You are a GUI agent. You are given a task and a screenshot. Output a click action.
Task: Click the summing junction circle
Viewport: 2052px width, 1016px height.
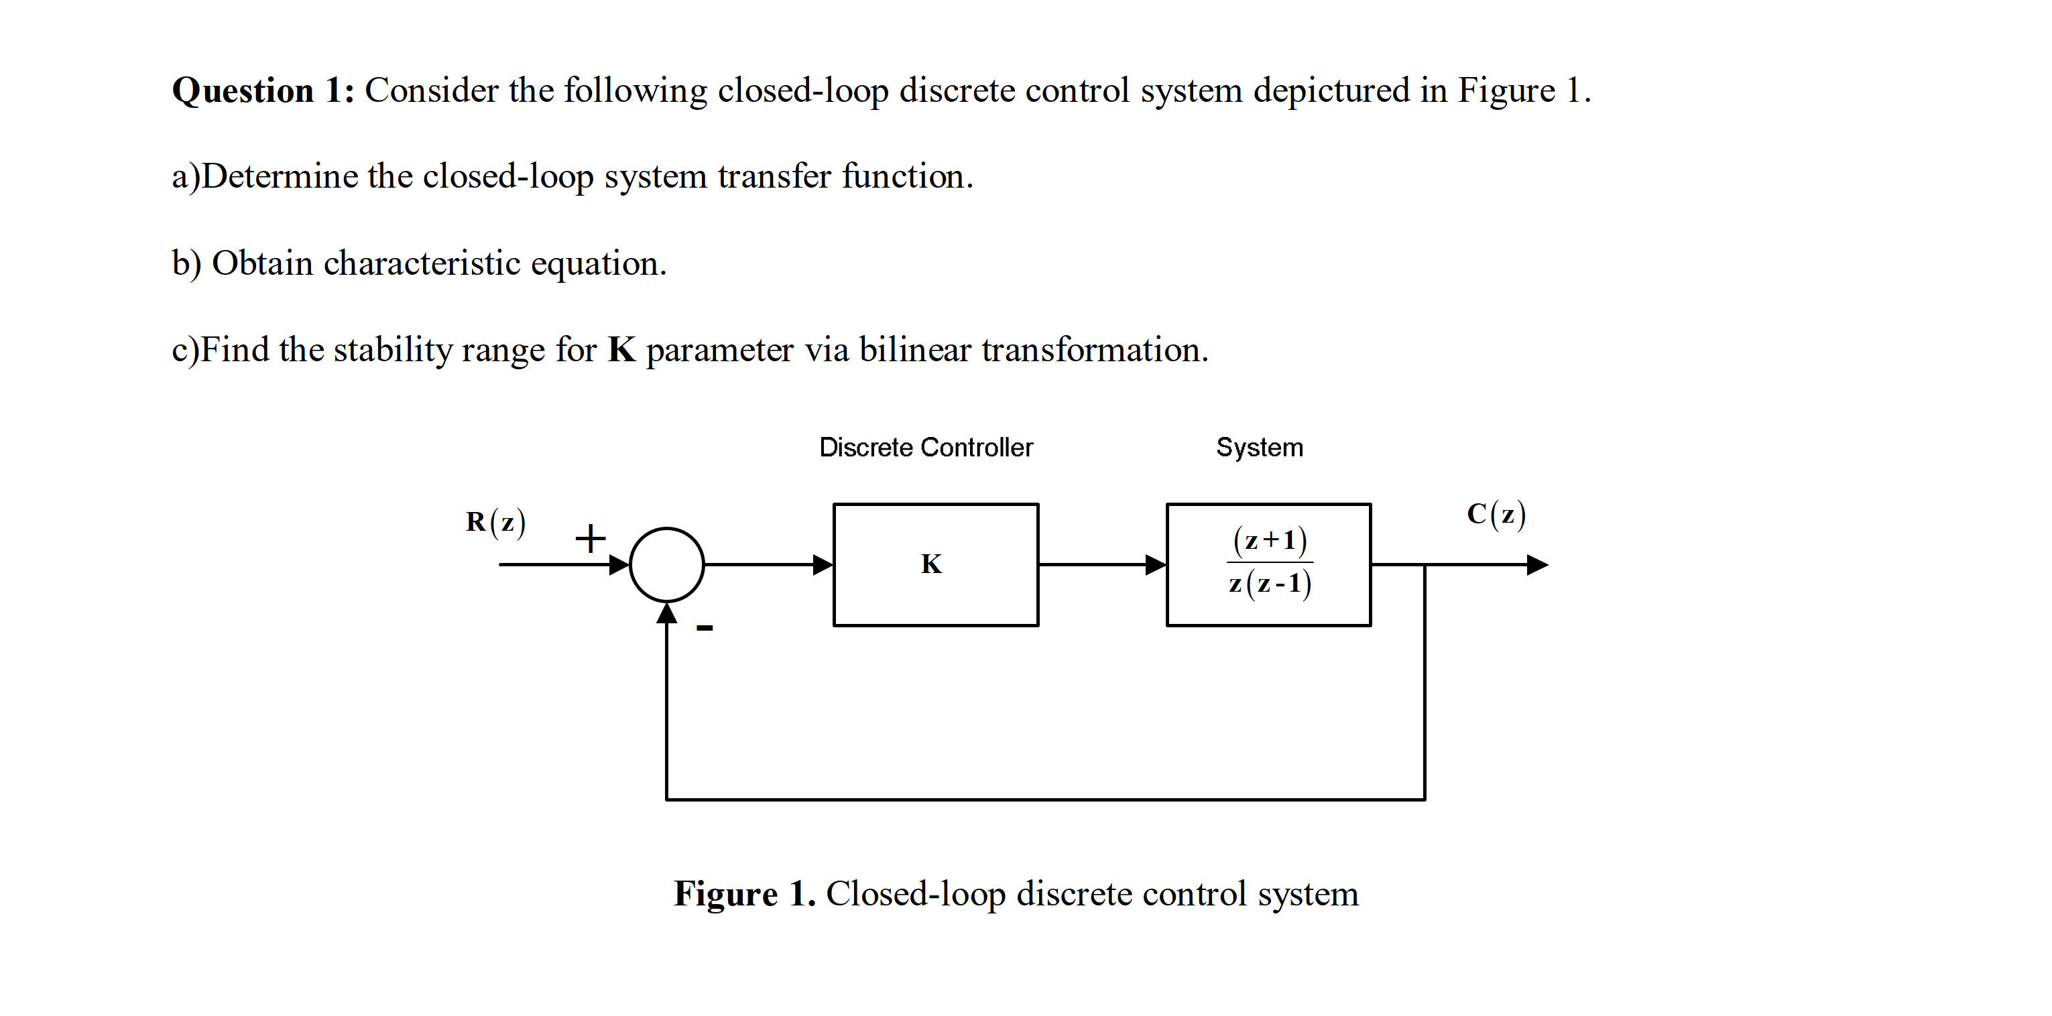pos(667,564)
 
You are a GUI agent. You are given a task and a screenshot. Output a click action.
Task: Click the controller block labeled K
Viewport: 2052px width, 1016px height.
pos(935,564)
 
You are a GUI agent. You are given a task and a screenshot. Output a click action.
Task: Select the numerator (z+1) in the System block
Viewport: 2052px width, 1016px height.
pos(1270,541)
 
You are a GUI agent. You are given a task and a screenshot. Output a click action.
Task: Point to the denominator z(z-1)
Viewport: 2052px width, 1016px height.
pos(1270,584)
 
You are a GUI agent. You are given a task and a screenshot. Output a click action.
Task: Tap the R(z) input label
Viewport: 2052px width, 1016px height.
pos(495,522)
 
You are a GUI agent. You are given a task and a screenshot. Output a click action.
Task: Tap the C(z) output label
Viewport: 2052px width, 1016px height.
pos(1496,515)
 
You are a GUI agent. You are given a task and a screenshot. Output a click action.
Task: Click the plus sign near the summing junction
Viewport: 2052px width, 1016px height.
pos(591,539)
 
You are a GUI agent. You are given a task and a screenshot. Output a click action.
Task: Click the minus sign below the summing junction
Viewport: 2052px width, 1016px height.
pos(704,628)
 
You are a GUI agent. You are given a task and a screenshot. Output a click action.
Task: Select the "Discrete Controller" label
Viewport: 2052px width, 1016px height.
pos(926,448)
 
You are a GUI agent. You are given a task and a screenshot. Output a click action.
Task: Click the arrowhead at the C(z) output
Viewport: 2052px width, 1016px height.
pos(1536,564)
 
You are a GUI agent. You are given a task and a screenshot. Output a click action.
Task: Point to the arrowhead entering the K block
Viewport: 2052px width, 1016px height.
pos(823,564)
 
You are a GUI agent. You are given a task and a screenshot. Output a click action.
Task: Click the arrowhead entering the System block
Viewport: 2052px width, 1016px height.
pos(1156,564)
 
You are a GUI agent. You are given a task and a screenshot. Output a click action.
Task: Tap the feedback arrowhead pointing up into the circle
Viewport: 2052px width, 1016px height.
pos(667,614)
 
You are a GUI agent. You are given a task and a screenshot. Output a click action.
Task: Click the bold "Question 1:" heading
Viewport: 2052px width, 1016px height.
pos(263,90)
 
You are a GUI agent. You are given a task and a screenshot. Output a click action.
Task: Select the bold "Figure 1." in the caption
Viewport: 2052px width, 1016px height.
pos(744,893)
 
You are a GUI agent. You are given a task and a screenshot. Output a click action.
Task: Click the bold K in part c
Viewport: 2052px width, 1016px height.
pos(621,350)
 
